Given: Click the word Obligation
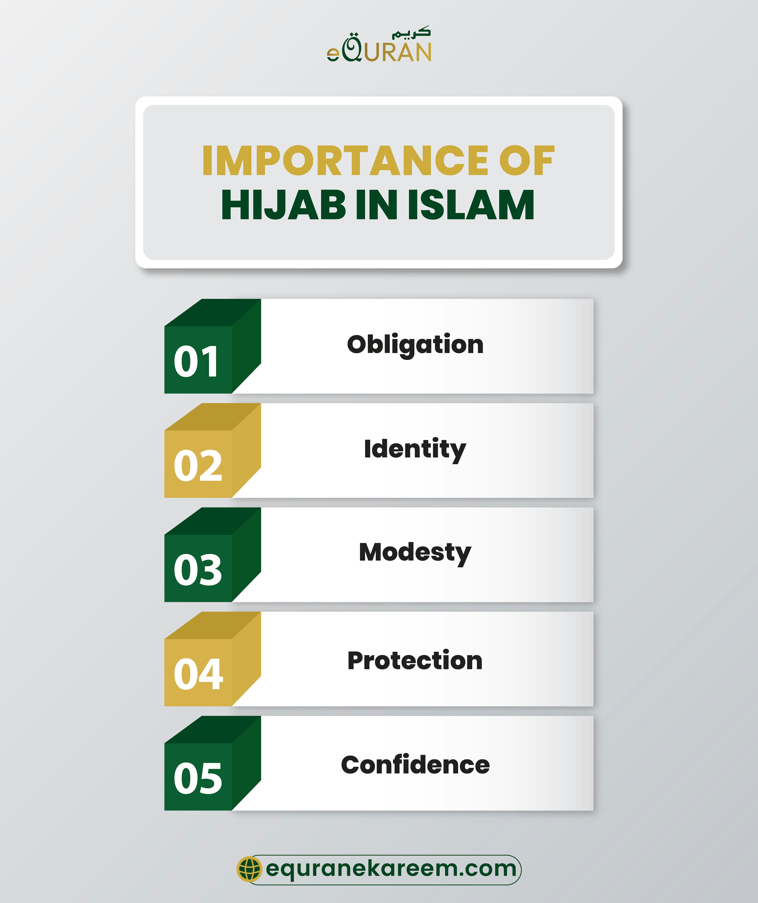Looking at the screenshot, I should (415, 345).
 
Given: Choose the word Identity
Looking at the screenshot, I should (415, 449).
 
